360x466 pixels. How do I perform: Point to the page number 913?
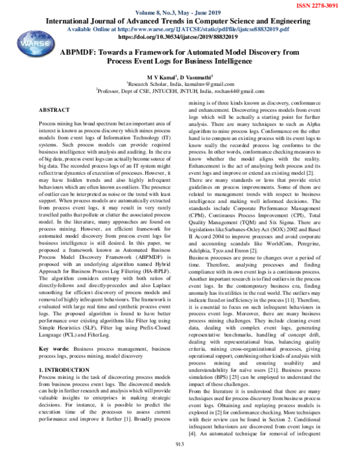coord(179,461)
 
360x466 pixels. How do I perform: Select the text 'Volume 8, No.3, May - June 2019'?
coord(179,13)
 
